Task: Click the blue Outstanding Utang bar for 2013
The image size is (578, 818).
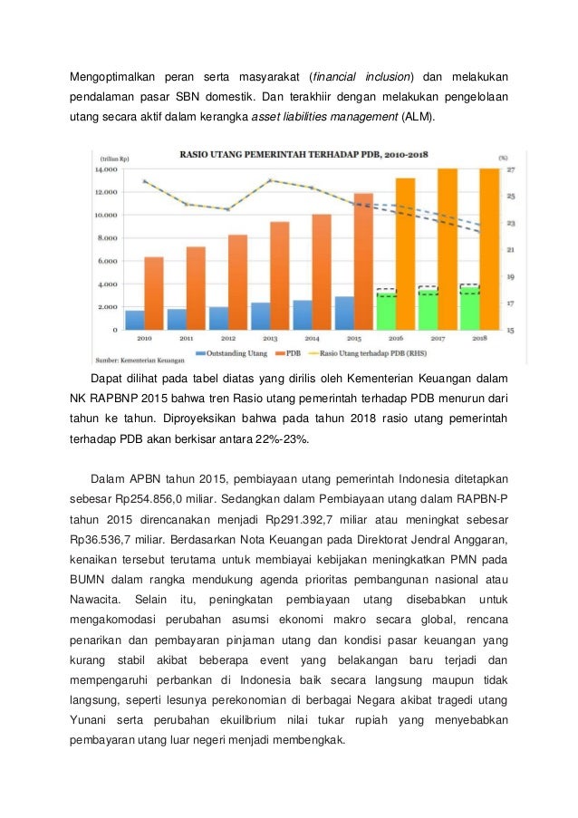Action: tap(260, 316)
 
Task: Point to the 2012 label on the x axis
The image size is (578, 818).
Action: tap(228, 338)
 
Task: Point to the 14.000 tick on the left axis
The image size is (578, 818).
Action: tap(108, 169)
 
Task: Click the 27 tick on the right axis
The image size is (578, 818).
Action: tap(510, 169)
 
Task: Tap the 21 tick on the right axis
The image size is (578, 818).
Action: tap(510, 250)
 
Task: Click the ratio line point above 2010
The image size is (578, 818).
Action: tap(145, 180)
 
